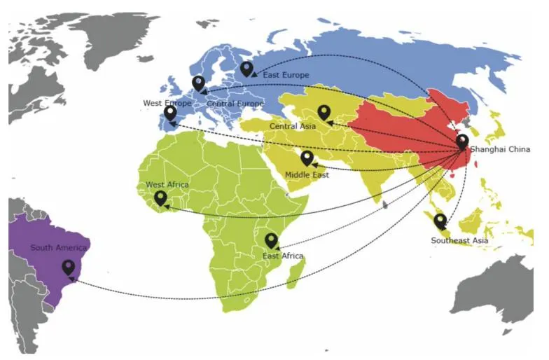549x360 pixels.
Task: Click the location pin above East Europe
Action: pos(246,68)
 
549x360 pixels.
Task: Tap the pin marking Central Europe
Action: pos(199,83)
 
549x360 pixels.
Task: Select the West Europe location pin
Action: pos(170,113)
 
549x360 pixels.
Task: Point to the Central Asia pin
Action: pos(324,112)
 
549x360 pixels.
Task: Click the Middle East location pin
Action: pos(307,158)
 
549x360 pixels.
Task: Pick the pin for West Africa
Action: pos(161,198)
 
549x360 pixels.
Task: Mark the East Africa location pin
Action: pos(271,240)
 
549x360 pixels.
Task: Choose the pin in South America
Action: pos(69,267)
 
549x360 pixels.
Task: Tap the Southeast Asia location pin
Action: pos(440,221)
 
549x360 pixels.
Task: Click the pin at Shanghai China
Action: pos(462,141)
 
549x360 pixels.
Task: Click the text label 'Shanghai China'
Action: pos(500,149)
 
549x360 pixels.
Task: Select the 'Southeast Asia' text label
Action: pos(459,241)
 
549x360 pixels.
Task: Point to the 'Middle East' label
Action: pos(307,174)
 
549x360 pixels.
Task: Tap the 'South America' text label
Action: pos(59,248)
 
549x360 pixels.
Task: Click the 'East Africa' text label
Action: pos(283,256)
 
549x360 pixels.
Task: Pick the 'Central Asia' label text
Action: pos(292,126)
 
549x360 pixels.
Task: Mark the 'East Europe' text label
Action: pos(286,75)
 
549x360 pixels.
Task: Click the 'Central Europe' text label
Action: pos(235,104)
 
